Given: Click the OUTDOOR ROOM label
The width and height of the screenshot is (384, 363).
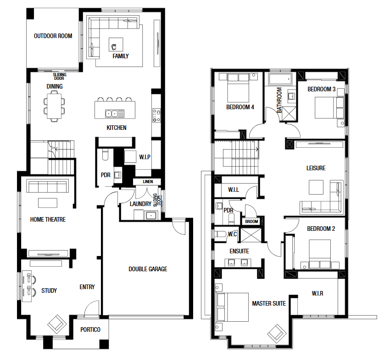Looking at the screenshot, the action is click(53, 36).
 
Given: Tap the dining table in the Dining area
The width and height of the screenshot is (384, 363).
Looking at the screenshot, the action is click(55, 106).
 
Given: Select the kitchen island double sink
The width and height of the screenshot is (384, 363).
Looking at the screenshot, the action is click(112, 114).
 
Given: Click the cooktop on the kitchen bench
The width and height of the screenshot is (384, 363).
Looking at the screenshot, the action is click(156, 115).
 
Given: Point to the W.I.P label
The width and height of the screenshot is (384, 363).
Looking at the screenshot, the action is click(145, 157).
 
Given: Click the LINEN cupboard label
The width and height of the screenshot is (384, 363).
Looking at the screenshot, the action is click(148, 182).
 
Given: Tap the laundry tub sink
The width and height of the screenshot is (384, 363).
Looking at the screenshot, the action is click(151, 216).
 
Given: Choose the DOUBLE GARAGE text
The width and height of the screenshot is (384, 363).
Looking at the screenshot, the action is click(148, 269).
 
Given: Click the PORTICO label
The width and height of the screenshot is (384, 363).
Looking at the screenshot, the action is click(90, 329).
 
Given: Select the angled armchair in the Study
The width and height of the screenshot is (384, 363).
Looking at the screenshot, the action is click(57, 324).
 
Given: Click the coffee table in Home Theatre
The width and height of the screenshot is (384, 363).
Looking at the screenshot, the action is click(48, 203).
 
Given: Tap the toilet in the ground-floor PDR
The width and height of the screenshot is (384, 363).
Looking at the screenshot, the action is click(105, 155).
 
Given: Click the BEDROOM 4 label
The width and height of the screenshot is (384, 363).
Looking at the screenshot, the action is click(240, 107).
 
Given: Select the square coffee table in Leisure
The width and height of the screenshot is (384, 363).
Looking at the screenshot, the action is click(316, 187).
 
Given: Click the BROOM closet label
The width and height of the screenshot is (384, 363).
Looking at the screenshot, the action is click(251, 222).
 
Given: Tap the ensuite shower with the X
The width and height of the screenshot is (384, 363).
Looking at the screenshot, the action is click(251, 235).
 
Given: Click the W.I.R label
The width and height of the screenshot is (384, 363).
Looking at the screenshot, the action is click(317, 293).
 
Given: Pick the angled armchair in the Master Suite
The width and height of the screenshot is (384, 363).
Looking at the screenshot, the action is click(277, 334).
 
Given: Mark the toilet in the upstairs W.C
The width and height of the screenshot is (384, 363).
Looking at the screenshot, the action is click(220, 234).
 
